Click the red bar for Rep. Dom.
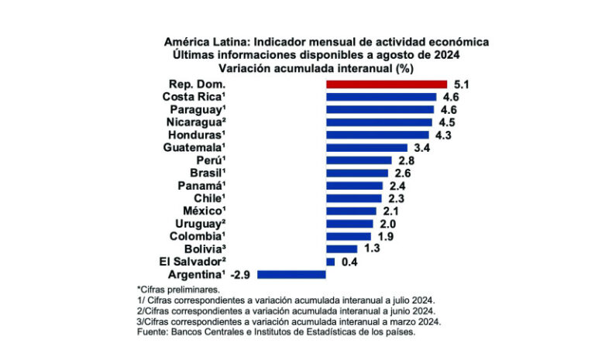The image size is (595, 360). pos(387,84)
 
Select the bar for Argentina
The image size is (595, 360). pos(291,274)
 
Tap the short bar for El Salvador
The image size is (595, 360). pos(331,262)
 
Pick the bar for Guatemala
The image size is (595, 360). pos(366,147)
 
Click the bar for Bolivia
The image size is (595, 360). pos(342,249)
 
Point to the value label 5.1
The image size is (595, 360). pos(462,84)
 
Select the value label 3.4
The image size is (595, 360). pos(421,147)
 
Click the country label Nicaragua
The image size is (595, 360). pos(194,122)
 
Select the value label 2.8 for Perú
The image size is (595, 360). pos(406,160)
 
